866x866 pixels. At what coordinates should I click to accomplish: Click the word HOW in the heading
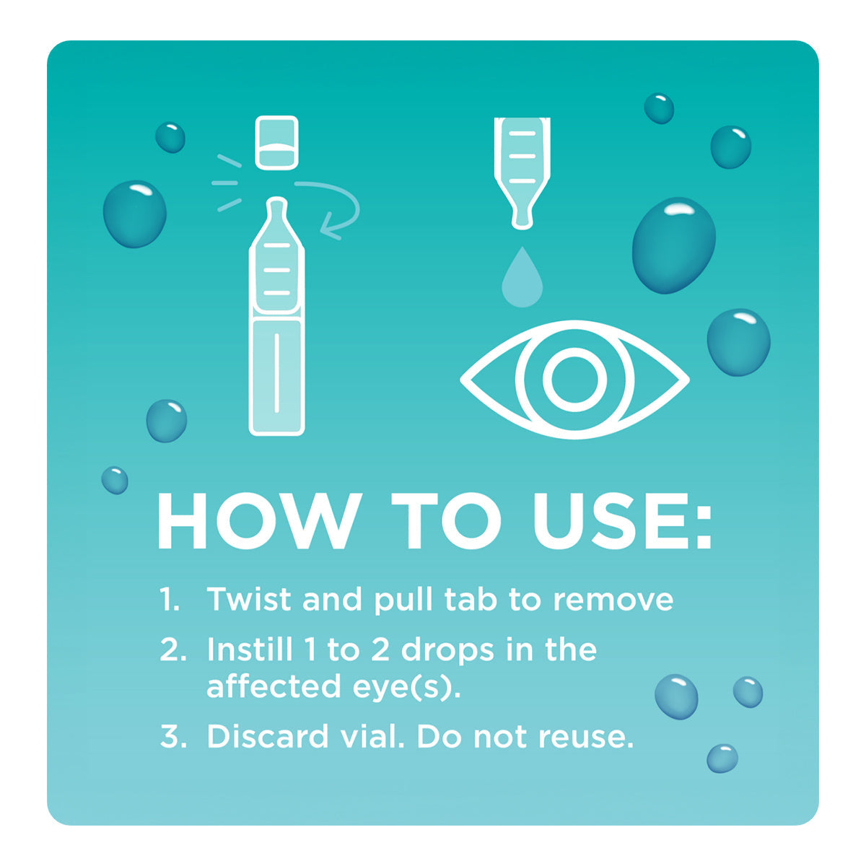[256, 522]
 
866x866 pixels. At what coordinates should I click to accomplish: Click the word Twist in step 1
[248, 600]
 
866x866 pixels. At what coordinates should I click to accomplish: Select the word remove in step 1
[613, 600]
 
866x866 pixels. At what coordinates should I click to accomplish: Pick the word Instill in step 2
[250, 650]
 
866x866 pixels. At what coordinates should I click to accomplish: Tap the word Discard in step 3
[267, 737]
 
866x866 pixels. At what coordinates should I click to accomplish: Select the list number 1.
[169, 600]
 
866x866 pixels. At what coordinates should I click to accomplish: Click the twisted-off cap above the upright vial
[276, 143]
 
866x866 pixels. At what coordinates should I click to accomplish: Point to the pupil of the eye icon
[574, 379]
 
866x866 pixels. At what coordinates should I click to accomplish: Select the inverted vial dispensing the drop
[522, 170]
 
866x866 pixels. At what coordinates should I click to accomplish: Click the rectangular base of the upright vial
[276, 375]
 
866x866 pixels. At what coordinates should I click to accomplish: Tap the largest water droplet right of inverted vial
[673, 245]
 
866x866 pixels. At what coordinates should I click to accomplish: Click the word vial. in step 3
[371, 737]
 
